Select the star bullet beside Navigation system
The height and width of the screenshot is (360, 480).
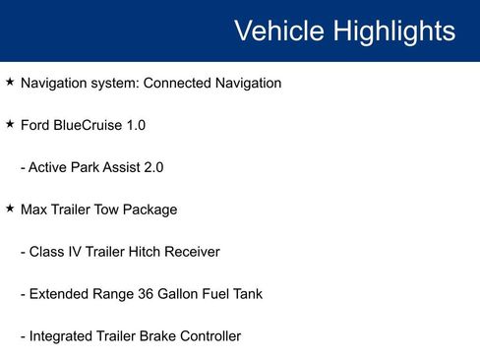(10, 83)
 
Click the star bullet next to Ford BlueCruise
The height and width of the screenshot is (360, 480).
(10, 125)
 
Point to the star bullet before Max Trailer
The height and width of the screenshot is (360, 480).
(10, 210)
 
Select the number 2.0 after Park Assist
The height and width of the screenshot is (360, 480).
(152, 168)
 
